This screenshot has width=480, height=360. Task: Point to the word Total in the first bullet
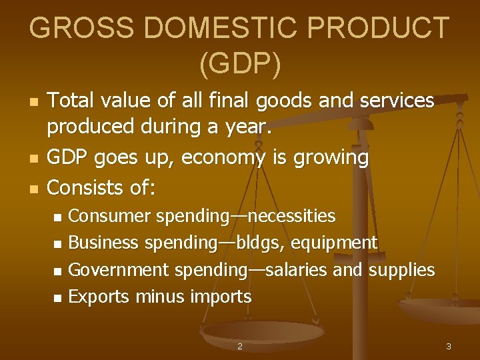[70, 101]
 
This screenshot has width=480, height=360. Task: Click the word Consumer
[110, 216]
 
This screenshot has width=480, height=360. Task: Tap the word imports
[221, 297]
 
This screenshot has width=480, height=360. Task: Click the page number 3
[449, 346]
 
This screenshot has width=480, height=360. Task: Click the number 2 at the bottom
[240, 346]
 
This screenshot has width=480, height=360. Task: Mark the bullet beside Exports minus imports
[57, 297]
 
